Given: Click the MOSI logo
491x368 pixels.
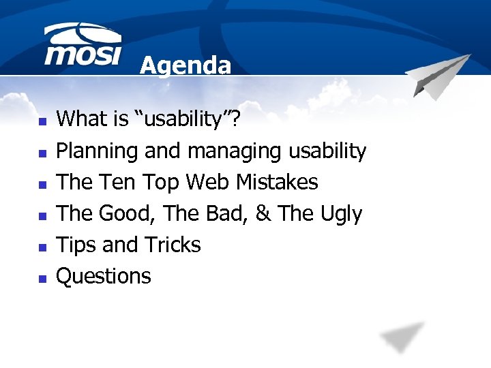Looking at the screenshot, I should [x=82, y=46].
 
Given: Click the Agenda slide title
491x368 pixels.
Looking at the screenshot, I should [x=185, y=65].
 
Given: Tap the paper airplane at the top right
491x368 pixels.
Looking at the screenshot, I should [x=438, y=76].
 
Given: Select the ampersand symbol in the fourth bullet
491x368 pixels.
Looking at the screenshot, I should [x=263, y=213].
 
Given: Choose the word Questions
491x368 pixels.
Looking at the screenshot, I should [x=104, y=276].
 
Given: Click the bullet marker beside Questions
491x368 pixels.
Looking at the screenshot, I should [x=42, y=278].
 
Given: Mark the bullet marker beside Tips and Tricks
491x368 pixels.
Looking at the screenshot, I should [x=42, y=247].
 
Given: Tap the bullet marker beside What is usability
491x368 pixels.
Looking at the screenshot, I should [x=42, y=121].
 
